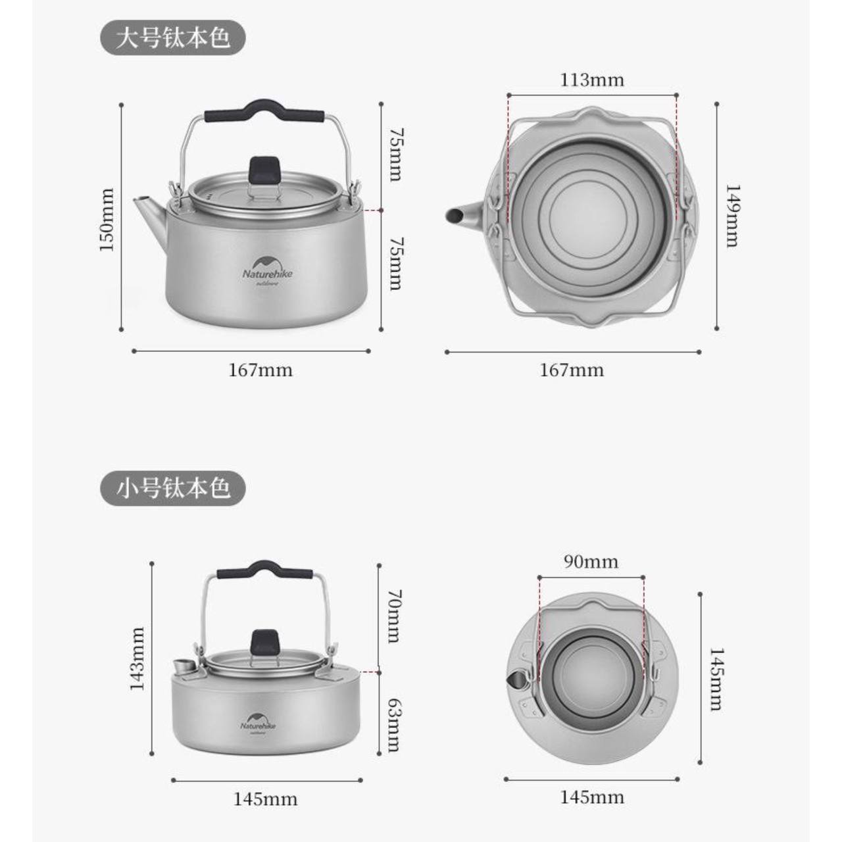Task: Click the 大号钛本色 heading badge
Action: (x=173, y=38)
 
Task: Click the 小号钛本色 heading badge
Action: (x=173, y=487)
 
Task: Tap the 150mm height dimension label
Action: (x=107, y=220)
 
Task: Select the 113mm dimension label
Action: (x=592, y=80)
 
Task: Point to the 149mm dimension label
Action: (x=733, y=216)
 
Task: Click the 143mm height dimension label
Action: (x=137, y=659)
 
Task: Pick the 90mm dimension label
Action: (x=591, y=562)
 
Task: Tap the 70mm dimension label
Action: (x=395, y=616)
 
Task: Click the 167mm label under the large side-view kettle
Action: (x=261, y=370)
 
